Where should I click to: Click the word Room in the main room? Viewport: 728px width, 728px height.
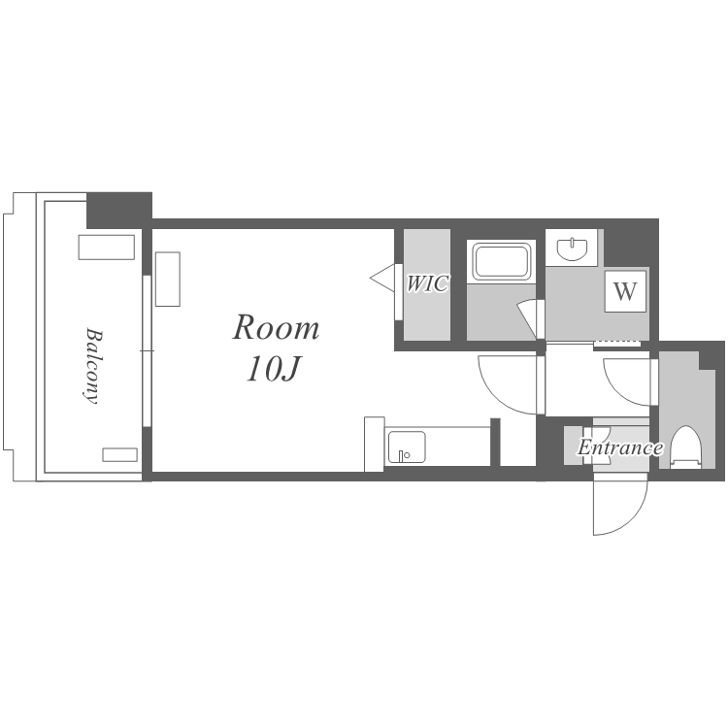[x=276, y=328]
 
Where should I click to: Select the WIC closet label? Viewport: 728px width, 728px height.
[x=428, y=283]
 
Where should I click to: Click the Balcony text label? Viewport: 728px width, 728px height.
[x=93, y=366]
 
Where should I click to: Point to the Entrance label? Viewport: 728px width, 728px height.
[x=620, y=447]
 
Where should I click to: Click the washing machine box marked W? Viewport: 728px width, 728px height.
[x=625, y=291]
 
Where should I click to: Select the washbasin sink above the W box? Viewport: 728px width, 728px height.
[x=573, y=248]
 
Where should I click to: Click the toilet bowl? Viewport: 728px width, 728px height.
[x=687, y=447]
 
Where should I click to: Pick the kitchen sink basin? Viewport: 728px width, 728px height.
[x=407, y=447]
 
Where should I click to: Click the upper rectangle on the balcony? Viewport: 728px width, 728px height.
[x=107, y=247]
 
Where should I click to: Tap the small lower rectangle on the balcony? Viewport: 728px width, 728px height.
[x=119, y=454]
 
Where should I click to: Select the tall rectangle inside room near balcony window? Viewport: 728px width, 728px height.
[x=168, y=279]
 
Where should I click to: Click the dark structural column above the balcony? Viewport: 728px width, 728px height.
[x=119, y=210]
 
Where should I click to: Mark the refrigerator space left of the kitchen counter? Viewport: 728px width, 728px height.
[x=375, y=445]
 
